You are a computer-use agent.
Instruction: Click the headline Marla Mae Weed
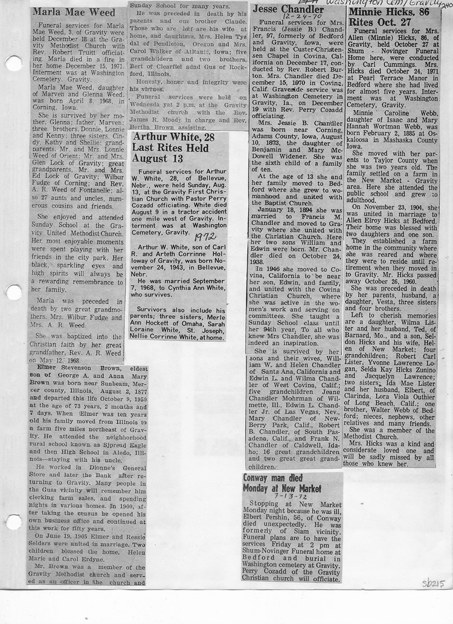point(74,12)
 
